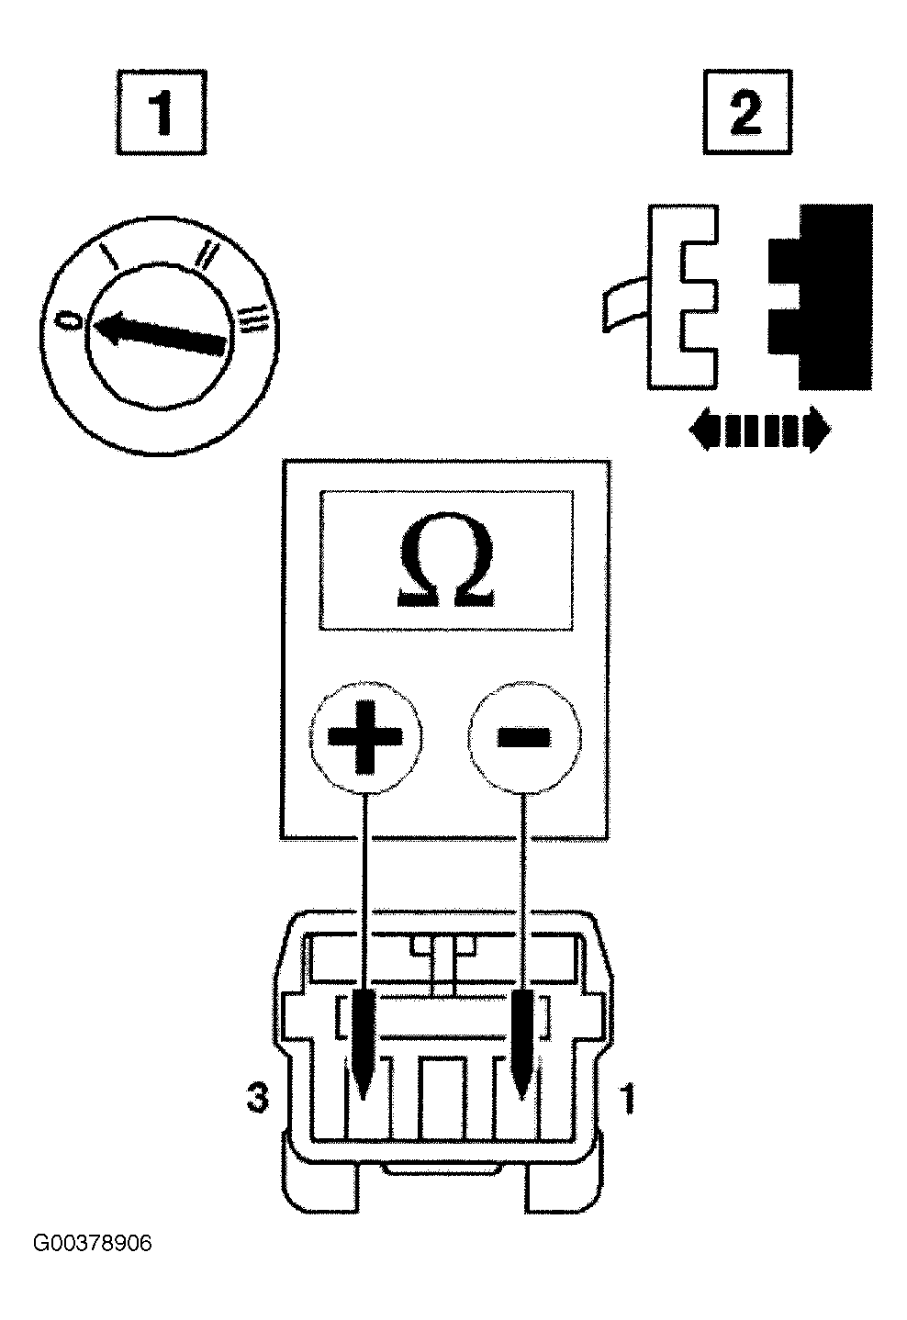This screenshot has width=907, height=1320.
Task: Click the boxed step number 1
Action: (162, 112)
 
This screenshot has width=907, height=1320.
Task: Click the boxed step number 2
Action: (747, 112)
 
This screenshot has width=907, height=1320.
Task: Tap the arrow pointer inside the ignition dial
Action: (158, 333)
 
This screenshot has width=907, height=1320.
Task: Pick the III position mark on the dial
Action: (254, 319)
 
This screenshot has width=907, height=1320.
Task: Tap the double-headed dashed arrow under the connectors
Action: (760, 429)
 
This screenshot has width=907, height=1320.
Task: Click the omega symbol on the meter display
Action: (446, 559)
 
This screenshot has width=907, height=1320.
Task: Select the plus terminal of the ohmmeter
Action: (365, 736)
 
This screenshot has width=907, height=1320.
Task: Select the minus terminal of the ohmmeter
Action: (524, 736)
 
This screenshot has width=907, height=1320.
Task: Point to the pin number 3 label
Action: (258, 1098)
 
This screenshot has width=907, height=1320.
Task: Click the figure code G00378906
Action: (92, 1244)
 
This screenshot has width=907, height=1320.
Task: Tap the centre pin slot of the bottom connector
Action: (442, 1097)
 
